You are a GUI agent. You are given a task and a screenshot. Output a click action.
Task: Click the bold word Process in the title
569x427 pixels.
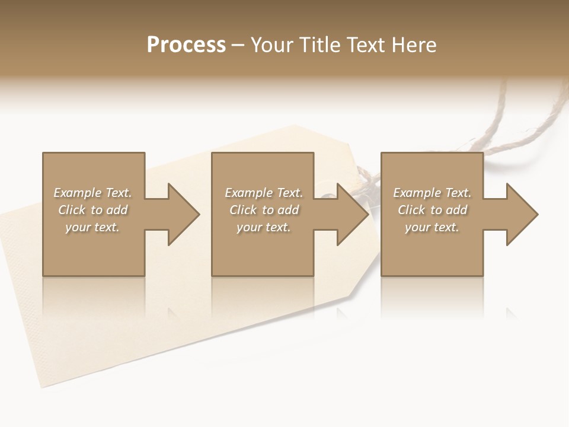[x=186, y=45]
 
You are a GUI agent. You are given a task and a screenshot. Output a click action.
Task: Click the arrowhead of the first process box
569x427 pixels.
[x=184, y=214]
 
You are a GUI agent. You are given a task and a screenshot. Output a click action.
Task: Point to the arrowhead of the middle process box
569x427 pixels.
[x=353, y=214]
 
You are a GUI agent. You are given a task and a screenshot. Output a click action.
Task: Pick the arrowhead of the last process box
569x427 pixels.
[x=522, y=214]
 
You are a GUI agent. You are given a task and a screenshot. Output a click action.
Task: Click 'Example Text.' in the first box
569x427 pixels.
[x=92, y=193]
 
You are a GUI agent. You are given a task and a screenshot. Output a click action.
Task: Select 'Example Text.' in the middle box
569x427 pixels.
[x=264, y=193]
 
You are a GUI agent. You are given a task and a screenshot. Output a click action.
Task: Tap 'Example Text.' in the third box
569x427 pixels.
[x=432, y=193]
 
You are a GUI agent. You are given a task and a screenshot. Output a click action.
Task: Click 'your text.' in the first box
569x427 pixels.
[x=92, y=227]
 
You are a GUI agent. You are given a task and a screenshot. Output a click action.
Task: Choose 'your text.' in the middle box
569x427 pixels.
[x=264, y=227]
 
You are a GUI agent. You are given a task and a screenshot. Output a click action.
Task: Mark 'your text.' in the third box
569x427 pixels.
[x=432, y=227]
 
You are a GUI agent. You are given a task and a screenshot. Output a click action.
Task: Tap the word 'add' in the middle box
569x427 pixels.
[x=288, y=210]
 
